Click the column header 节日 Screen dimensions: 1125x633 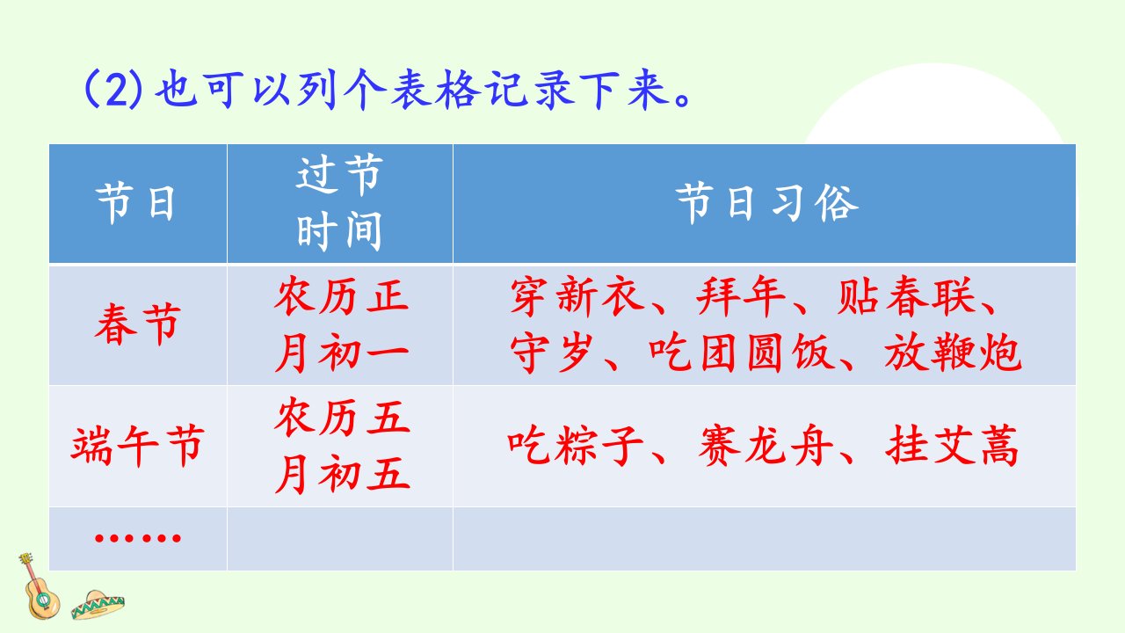[x=135, y=203]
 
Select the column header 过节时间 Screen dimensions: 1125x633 [x=339, y=203]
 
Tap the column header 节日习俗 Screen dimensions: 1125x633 [x=766, y=203]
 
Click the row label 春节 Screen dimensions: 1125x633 [x=138, y=324]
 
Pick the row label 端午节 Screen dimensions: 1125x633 [x=138, y=446]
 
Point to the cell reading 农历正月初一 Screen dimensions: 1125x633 [x=342, y=324]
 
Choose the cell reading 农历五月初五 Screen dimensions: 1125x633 [x=342, y=446]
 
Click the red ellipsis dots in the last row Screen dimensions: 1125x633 [x=138, y=538]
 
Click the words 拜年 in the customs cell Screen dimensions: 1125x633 [x=741, y=295]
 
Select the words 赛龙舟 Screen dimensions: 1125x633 [x=766, y=445]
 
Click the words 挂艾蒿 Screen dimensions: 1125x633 [x=952, y=445]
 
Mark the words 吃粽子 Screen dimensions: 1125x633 [x=576, y=445]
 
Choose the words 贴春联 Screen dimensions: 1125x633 [x=906, y=295]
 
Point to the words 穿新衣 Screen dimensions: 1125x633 [x=577, y=295]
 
